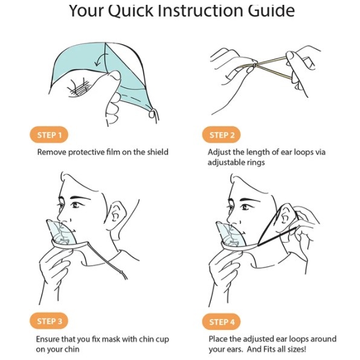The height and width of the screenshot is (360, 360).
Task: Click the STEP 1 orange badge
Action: pos(49,135)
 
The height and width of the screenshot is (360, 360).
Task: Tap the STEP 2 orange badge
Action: pos(221,135)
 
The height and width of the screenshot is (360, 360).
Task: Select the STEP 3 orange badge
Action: pos(49,321)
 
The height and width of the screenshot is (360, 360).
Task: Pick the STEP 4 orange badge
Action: pos(221,322)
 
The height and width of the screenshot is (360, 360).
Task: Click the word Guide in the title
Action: pos(271,10)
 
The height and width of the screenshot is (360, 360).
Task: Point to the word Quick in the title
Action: pos(130,10)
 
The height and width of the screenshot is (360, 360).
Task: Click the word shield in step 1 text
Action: pos(158,152)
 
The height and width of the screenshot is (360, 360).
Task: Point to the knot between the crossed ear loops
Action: pos(254,65)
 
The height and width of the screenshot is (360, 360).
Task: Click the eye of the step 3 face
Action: pos(76,205)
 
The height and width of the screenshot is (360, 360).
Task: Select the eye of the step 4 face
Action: pos(245,207)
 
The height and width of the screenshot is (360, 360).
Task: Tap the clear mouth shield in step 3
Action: pos(62,233)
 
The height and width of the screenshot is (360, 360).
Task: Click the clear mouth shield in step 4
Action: pos(231,234)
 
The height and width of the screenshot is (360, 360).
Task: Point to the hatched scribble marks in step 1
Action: pos(79,88)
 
